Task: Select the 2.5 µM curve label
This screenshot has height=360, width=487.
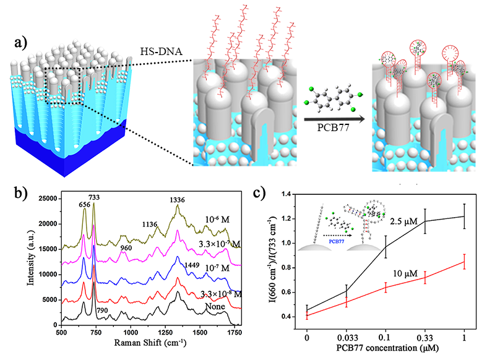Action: (403, 221)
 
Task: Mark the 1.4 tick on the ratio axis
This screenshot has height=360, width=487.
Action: (290, 194)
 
